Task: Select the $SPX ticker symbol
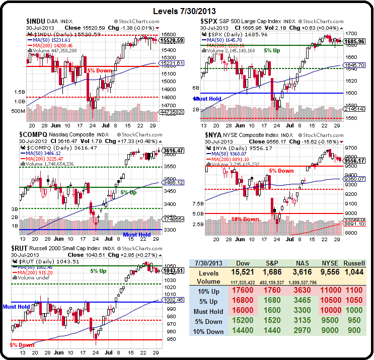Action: (x=209, y=21)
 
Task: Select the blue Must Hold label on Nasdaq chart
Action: (x=136, y=235)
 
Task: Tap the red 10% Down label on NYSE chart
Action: (x=245, y=219)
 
